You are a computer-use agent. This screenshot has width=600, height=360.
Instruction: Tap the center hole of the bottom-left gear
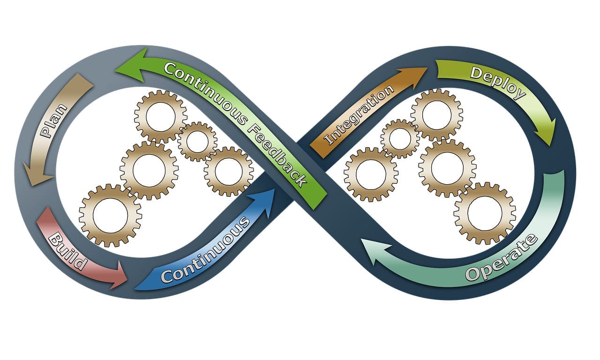(110, 215)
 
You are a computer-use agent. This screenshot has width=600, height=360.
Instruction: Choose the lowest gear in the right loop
(485, 213)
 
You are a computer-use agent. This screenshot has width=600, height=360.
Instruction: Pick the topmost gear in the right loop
(436, 114)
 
